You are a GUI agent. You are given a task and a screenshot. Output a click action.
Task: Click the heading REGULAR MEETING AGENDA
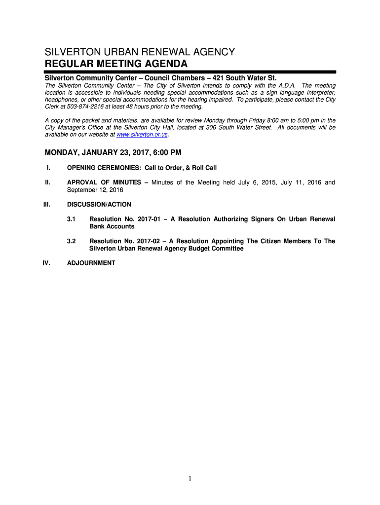pyautogui.click(x=116, y=64)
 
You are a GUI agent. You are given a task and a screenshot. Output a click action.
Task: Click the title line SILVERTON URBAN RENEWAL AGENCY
pyautogui.click(x=140, y=52)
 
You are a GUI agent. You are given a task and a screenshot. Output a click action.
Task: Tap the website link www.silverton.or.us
pyautogui.click(x=142, y=135)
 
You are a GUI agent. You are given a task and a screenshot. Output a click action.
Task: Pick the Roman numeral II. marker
pyautogui.click(x=48, y=182)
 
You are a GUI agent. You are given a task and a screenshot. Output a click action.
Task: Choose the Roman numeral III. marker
pyautogui.click(x=47, y=204)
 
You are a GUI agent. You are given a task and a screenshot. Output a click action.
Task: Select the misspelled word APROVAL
pyautogui.click(x=83, y=182)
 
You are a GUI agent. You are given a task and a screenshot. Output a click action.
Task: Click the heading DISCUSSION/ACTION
pyautogui.click(x=99, y=204)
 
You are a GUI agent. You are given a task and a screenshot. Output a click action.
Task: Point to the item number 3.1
pyautogui.click(x=71, y=219)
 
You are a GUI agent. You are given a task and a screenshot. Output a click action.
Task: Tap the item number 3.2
pyautogui.click(x=71, y=241)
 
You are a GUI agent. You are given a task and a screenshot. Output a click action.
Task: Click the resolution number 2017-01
pyautogui.click(x=151, y=219)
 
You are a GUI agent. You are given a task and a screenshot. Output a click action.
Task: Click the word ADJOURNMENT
pyautogui.click(x=91, y=263)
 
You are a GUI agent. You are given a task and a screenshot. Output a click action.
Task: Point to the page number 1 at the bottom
pyautogui.click(x=190, y=479)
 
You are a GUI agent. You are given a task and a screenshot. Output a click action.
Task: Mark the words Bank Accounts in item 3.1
pyautogui.click(x=112, y=226)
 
